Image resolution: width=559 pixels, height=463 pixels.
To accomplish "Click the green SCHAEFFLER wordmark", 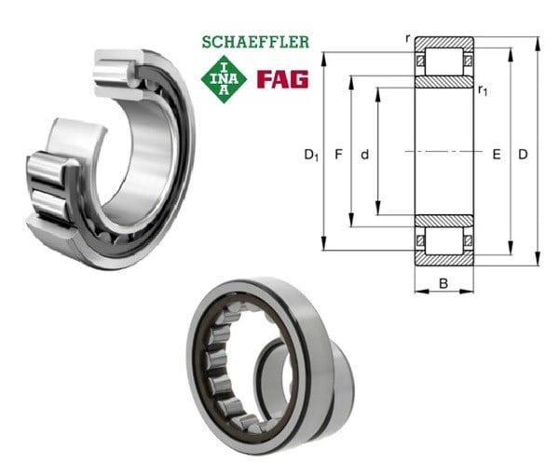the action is [x=255, y=42].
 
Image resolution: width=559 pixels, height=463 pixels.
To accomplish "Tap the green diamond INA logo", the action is [x=224, y=79].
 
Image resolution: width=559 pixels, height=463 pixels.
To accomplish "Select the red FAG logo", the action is [x=282, y=79].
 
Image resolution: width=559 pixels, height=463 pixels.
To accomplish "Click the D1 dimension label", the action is [x=311, y=155].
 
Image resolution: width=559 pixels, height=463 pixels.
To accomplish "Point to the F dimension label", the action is [x=339, y=155].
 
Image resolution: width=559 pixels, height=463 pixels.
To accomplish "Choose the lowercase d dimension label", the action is [x=364, y=155].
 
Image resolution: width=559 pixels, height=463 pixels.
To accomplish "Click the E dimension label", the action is [x=497, y=155].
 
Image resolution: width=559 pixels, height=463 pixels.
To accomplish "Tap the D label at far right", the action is [x=523, y=155].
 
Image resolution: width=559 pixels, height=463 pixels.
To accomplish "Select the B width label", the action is [x=443, y=284].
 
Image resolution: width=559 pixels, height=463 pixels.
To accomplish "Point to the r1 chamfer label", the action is [x=483, y=90].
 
